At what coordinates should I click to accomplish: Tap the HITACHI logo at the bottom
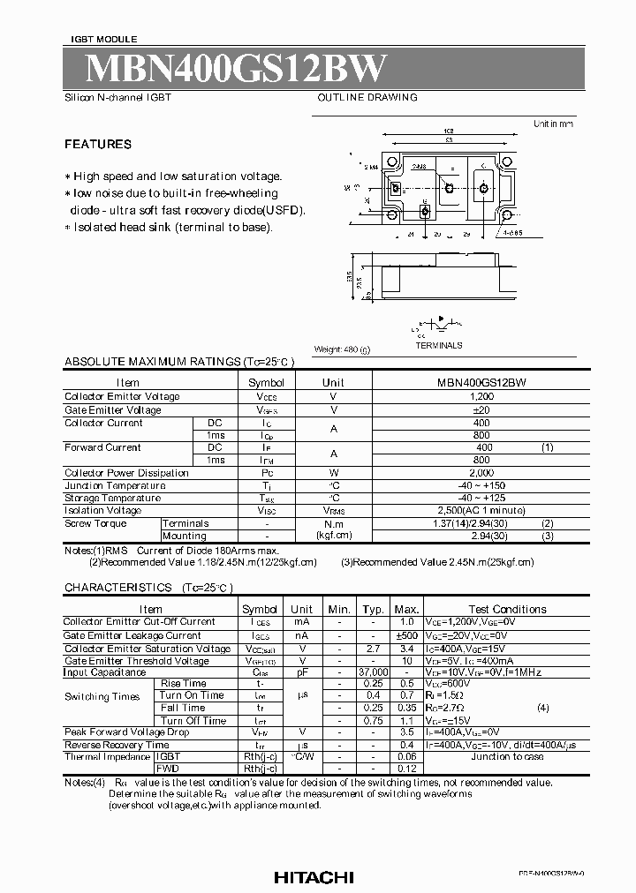[x=313, y=877]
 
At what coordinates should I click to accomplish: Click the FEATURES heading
[x=98, y=144]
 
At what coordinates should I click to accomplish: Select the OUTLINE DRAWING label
[x=367, y=98]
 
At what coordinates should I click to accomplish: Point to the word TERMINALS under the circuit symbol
[x=439, y=345]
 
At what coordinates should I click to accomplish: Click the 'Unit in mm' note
[x=553, y=124]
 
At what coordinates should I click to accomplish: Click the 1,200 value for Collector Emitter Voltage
[x=481, y=397]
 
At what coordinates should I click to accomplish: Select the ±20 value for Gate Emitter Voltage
[x=481, y=410]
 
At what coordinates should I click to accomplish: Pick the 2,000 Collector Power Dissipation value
[x=481, y=473]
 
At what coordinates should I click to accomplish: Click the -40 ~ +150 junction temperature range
[x=481, y=485]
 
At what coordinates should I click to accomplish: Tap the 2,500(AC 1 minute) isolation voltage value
[x=481, y=510]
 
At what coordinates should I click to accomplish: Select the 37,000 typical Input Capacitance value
[x=374, y=672]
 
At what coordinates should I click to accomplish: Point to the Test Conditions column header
[x=507, y=609]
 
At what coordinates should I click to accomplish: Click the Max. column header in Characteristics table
[x=406, y=609]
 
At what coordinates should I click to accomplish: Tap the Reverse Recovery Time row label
[x=117, y=745]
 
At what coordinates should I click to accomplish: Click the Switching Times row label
[x=102, y=696]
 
